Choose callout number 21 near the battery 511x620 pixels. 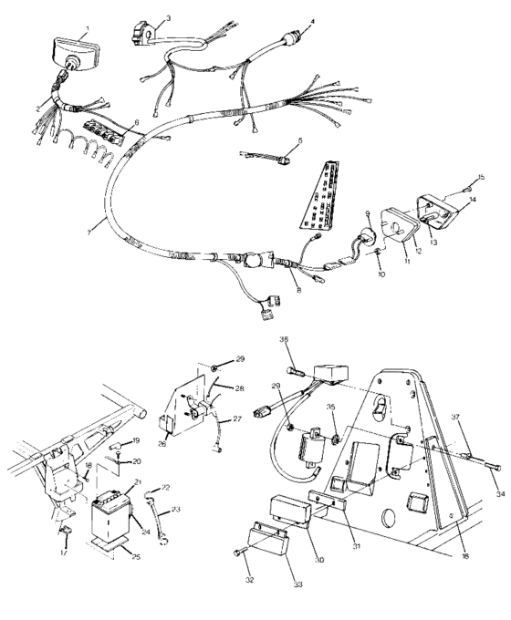click(x=138, y=482)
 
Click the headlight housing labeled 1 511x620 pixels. click(x=66, y=46)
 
